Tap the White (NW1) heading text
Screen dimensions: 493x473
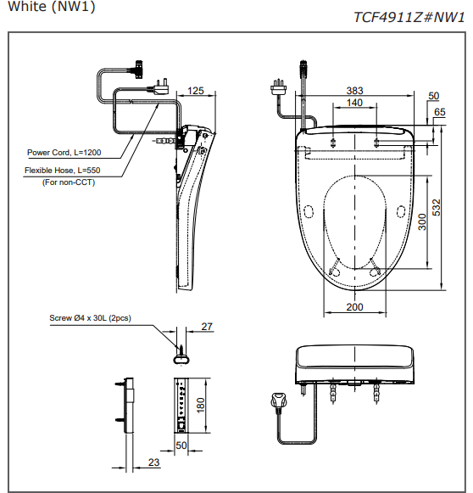pyautogui.click(x=50, y=7)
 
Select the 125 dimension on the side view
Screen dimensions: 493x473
pyautogui.click(x=196, y=91)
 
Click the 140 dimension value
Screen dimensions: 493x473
pyautogui.click(x=354, y=103)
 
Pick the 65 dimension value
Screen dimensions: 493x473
pyautogui.click(x=439, y=112)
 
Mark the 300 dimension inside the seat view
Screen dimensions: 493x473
pyautogui.click(x=422, y=222)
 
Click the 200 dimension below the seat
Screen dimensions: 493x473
pyautogui.click(x=354, y=307)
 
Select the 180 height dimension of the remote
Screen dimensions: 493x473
pyautogui.click(x=202, y=405)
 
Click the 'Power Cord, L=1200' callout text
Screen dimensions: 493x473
pyautogui.click(x=64, y=153)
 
